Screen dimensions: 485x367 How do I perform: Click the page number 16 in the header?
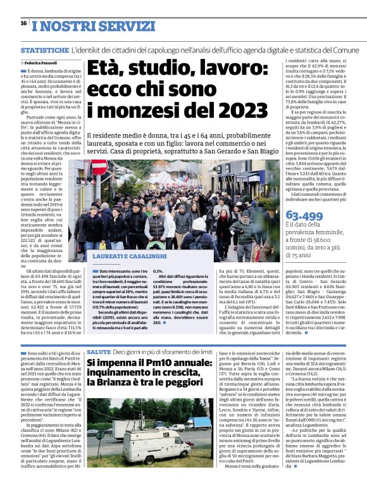23,23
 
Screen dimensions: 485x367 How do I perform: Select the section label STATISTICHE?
44,49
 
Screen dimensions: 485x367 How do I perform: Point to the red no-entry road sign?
99,167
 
